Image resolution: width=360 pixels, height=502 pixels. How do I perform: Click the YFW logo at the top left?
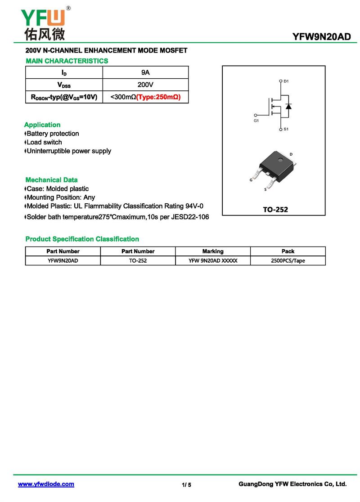[x=43, y=22]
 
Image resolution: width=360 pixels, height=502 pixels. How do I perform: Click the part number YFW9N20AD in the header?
[x=321, y=37]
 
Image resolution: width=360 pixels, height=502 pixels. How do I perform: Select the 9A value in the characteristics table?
[x=145, y=72]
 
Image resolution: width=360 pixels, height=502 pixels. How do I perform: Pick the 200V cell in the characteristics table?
[x=145, y=85]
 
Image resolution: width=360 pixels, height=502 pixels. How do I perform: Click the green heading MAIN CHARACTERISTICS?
[x=67, y=61]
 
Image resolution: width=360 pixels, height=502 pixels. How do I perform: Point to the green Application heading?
[x=42, y=125]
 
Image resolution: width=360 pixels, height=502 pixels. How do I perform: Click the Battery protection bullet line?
[x=53, y=134]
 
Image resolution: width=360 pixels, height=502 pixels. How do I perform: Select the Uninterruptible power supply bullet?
[x=69, y=151]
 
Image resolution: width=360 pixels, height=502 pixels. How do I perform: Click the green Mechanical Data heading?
[x=51, y=180]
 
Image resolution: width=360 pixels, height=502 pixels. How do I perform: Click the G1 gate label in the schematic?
[x=256, y=121]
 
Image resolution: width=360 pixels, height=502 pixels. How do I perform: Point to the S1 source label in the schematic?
[x=286, y=130]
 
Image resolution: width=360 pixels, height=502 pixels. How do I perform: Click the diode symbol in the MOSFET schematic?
[x=288, y=106]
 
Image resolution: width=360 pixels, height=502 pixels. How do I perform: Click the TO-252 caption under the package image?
[x=275, y=210]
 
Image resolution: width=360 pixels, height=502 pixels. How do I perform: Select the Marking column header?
[x=213, y=251]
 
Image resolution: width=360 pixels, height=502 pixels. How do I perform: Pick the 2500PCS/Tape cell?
[x=288, y=260]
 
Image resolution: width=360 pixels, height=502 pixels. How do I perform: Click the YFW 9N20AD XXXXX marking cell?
[x=213, y=260]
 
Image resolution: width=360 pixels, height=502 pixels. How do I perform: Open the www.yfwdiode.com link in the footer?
[x=46, y=484]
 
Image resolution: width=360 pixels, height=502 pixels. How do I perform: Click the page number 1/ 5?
[x=186, y=484]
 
